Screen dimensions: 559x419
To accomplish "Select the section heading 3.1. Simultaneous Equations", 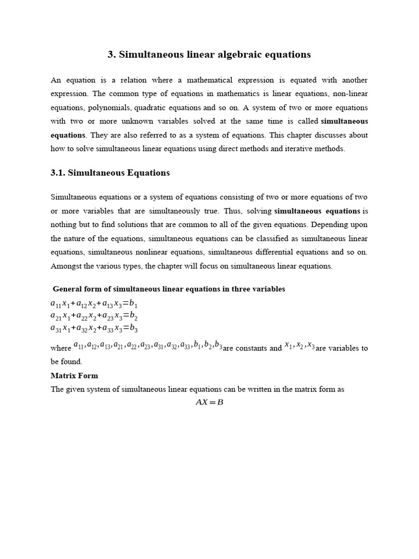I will click(110, 173).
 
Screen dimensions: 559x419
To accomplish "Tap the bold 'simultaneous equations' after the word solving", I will click(317, 211).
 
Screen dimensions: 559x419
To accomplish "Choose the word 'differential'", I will click(270, 252).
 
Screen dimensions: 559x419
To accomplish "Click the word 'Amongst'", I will click(65, 266).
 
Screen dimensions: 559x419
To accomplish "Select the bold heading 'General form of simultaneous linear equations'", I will click(169, 289).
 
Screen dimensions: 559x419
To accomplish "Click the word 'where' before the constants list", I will click(61, 348).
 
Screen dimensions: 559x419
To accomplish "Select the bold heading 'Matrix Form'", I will click(74, 376).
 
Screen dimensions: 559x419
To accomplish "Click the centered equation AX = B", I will click(209, 402).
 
